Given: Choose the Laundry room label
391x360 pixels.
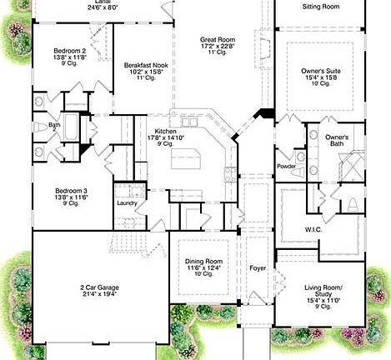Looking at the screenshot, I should point(127,202).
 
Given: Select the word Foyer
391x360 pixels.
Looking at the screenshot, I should point(257,268).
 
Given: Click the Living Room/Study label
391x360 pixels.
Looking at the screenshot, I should point(321,291).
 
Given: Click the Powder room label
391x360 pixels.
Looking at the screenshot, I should point(286,166).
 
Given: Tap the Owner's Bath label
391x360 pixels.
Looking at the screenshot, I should point(336,140).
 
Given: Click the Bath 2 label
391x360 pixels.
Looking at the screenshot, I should point(54,127).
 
